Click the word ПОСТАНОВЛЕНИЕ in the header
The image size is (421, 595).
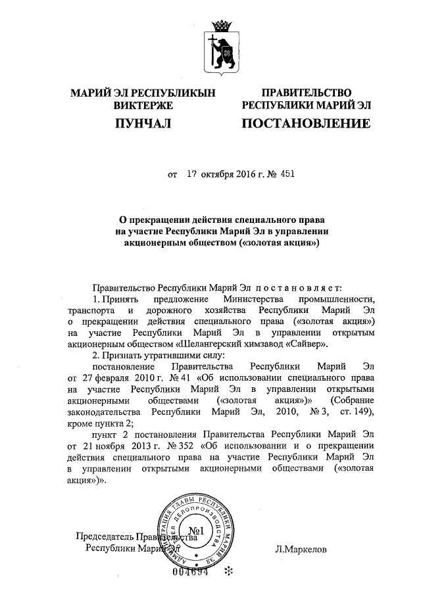pos(306,123)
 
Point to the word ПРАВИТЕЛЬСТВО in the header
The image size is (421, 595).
pos(307,93)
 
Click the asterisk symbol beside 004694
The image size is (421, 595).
pos(229,571)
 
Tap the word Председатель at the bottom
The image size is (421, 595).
pos(105,536)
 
